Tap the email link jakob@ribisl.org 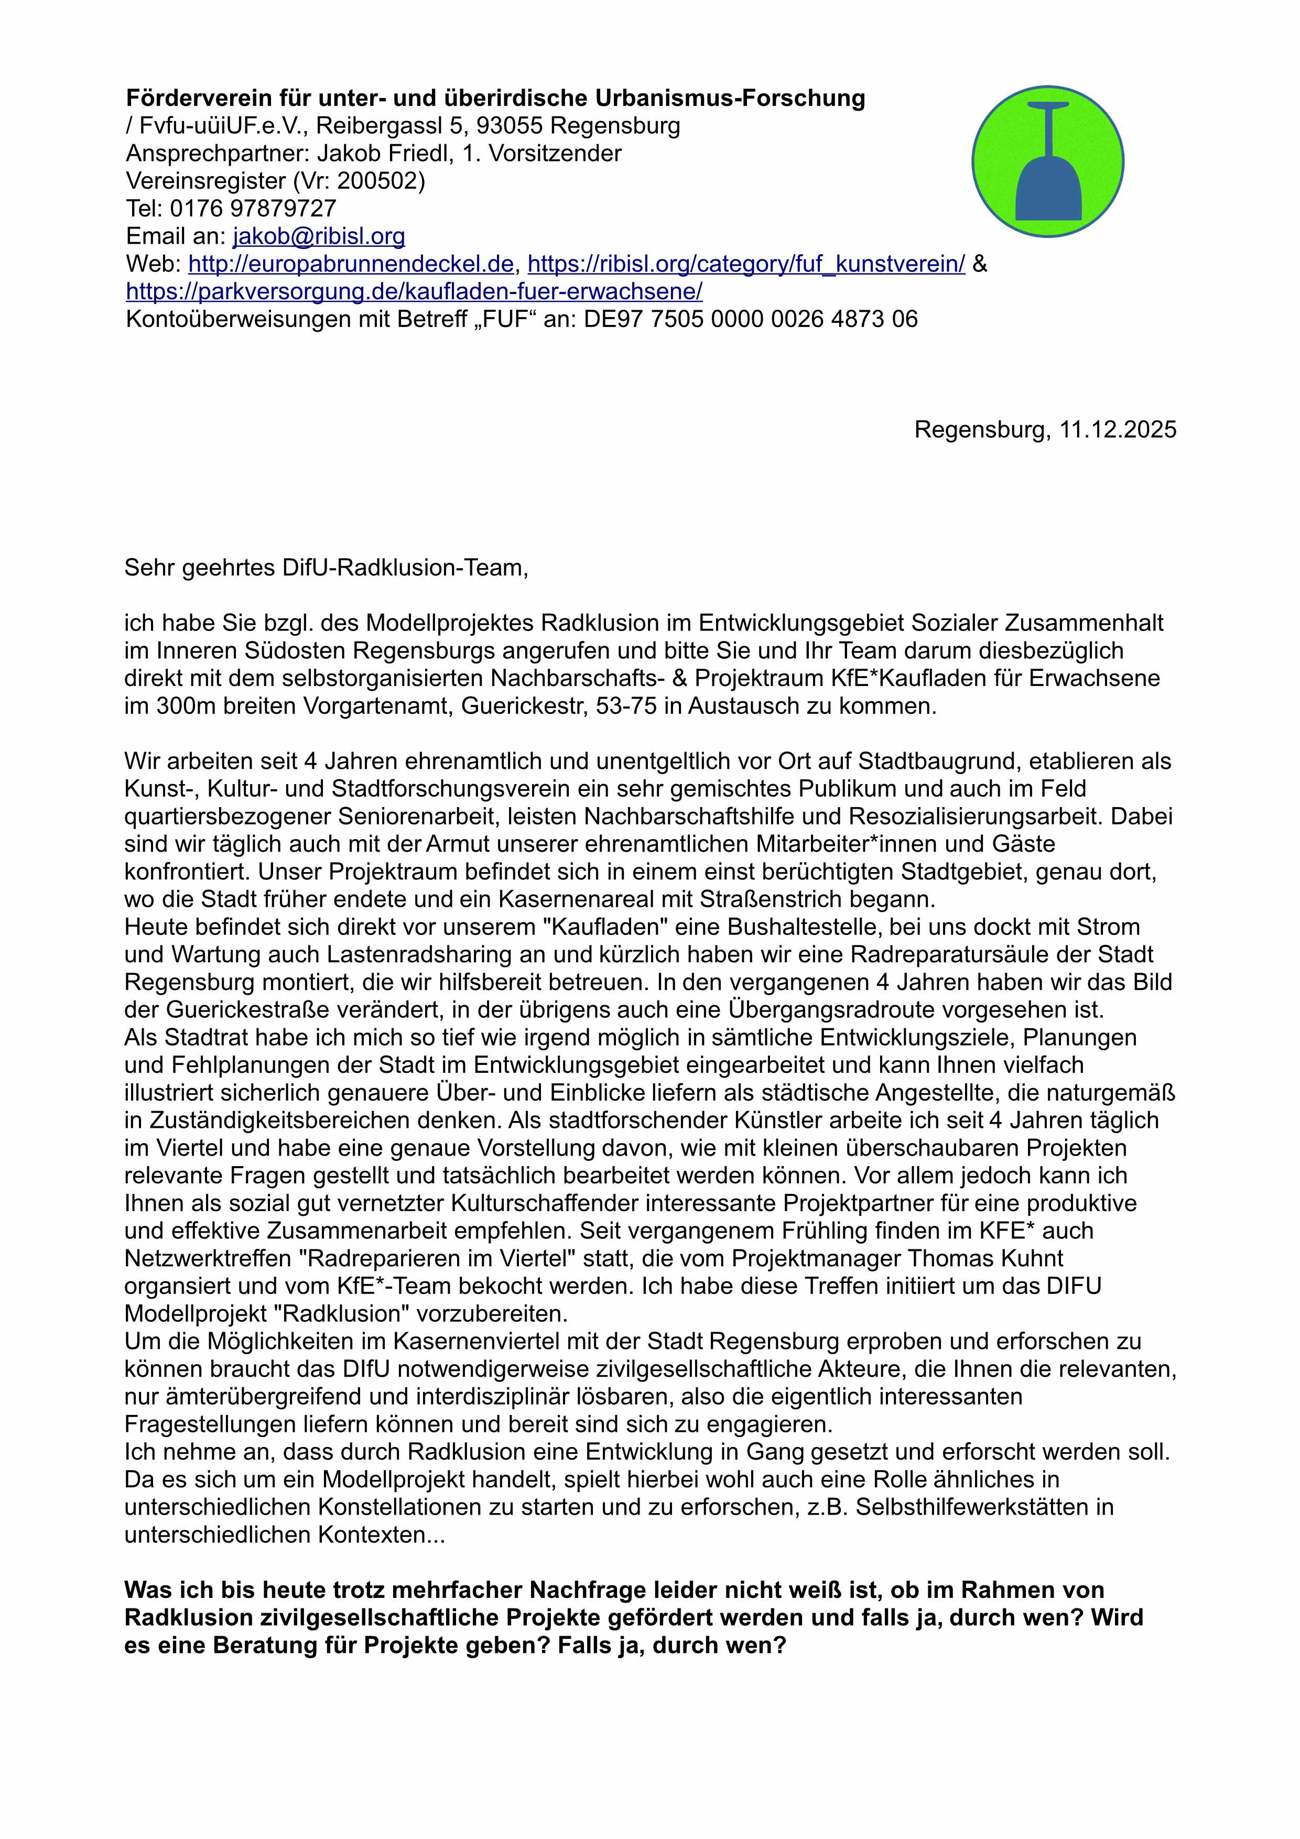318,236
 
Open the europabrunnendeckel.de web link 350,264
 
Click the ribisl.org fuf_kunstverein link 746,264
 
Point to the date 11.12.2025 1118,430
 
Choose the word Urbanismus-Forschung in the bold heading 731,99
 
